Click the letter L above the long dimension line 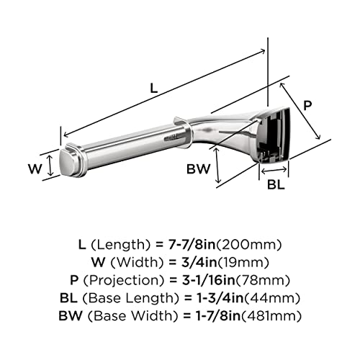coord(154,88)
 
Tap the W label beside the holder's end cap coord(35,168)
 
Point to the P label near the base coord(307,105)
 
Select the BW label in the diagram coord(198,169)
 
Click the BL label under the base coord(276,184)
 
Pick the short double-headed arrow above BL coord(274,171)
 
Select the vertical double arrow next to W coord(50,165)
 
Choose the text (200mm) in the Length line coord(248,245)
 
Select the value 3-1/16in coord(209,280)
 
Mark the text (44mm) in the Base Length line coord(272,298)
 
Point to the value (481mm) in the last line coord(271,315)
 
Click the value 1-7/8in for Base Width coord(218,315)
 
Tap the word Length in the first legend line coord(121,245)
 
